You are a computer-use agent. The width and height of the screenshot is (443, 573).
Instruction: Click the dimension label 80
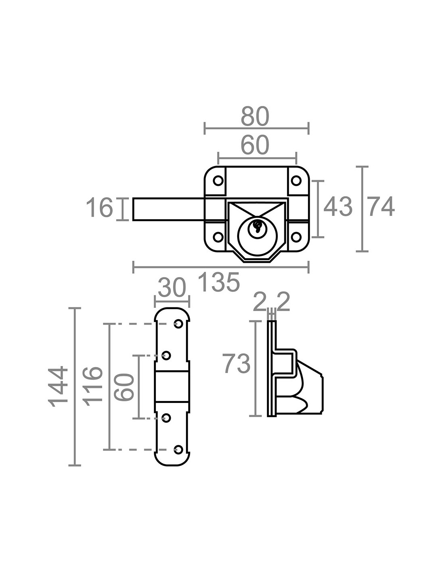point(255,116)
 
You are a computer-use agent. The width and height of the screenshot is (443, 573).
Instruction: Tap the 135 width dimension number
point(219,282)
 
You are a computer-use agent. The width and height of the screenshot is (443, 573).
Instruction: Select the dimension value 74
point(381,206)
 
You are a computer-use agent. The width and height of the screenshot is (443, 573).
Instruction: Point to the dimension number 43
point(338,206)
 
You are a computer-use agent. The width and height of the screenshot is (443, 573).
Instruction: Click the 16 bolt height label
point(99,208)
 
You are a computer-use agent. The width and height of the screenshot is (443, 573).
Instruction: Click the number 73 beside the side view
point(236,363)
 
